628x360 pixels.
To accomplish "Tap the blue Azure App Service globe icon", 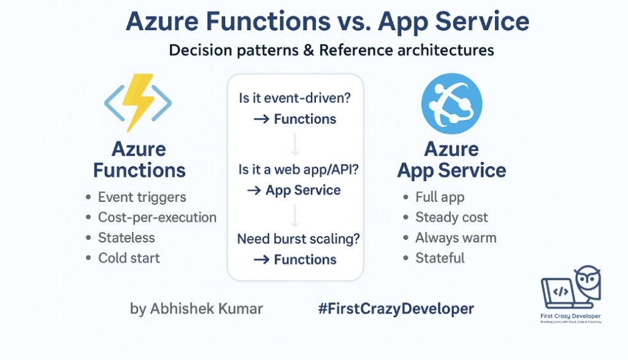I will (451, 103).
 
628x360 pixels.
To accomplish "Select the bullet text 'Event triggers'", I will (142, 197).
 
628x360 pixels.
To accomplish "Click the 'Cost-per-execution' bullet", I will (157, 218).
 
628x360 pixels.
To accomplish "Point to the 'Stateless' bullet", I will (126, 238).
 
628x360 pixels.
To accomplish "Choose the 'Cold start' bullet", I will (129, 258).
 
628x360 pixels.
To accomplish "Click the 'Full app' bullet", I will (440, 197).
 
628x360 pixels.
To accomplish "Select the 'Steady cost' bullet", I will (451, 218).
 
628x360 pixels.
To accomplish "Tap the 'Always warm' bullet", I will (456, 238).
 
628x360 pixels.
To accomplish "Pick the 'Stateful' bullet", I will (440, 258).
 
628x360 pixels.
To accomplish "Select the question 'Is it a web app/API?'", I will (298, 170).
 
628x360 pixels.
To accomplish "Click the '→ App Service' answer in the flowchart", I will (295, 190).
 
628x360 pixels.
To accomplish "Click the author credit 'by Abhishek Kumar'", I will (196, 308).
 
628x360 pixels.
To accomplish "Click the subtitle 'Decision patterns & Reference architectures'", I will (331, 50).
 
